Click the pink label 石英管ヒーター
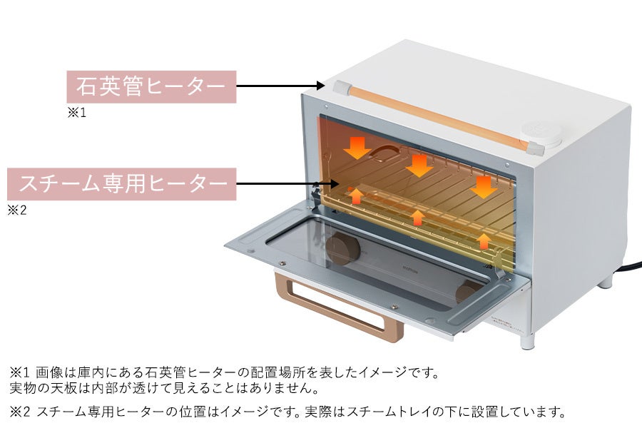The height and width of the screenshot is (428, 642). point(151,87)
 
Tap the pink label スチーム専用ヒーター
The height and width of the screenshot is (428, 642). point(121,184)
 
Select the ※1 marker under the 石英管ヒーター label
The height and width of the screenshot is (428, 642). point(76,113)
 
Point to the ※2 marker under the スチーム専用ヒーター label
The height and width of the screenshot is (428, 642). point(16,210)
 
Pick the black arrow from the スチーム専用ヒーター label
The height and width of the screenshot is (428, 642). point(285,184)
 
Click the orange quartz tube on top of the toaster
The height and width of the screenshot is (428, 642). point(435,116)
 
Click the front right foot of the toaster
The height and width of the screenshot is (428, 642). point(528,340)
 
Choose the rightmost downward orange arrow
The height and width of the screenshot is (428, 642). point(484,187)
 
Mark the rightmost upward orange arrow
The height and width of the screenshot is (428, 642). point(484,240)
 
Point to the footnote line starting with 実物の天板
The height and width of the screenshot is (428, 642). point(164,389)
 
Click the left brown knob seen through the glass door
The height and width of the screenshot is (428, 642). point(343,249)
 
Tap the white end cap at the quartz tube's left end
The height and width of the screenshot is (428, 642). point(342,88)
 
